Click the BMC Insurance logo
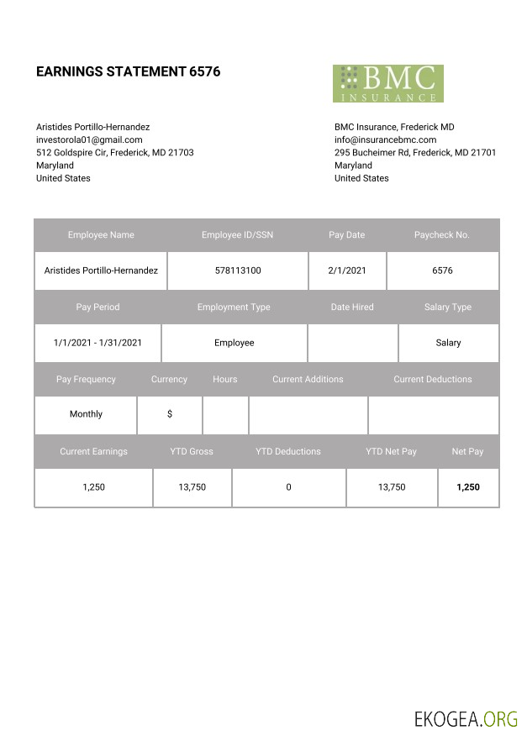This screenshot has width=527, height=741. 387,83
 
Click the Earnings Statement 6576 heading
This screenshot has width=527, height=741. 128,71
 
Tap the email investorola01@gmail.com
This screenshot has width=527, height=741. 89,139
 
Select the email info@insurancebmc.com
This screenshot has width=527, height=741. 385,139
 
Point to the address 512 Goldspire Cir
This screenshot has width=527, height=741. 114,153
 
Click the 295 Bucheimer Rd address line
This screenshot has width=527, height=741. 414,153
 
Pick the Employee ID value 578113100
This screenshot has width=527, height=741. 238,271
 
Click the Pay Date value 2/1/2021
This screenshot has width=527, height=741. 347,271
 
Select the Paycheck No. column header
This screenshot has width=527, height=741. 441,235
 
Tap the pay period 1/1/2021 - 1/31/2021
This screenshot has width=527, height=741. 97,343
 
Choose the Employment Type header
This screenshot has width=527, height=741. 234,307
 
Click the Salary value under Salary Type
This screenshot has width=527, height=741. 448,343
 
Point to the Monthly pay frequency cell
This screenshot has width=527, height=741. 86,414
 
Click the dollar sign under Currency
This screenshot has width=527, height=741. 170,414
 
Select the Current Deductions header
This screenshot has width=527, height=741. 432,380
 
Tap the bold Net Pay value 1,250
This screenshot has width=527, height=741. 467,487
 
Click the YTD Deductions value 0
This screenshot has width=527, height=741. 288,487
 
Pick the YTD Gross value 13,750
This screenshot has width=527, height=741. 192,487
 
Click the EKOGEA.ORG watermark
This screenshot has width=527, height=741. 466,718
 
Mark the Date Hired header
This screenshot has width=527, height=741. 352,307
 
